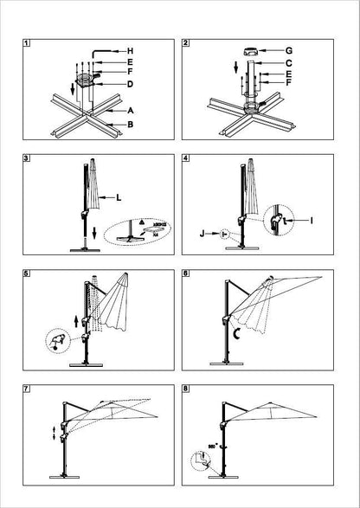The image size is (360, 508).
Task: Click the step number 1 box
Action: pos(27,42)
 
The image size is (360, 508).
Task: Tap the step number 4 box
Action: pos(187,159)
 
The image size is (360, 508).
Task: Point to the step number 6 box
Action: pos(187,274)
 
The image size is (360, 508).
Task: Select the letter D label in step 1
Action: pos(129,84)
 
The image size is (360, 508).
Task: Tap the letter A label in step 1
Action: pos(130,112)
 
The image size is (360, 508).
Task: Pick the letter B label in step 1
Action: pos(130,125)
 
